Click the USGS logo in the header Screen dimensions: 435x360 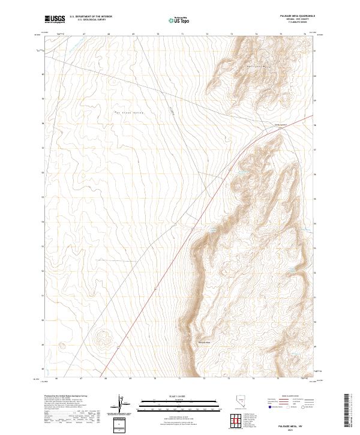(x=55, y=19)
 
